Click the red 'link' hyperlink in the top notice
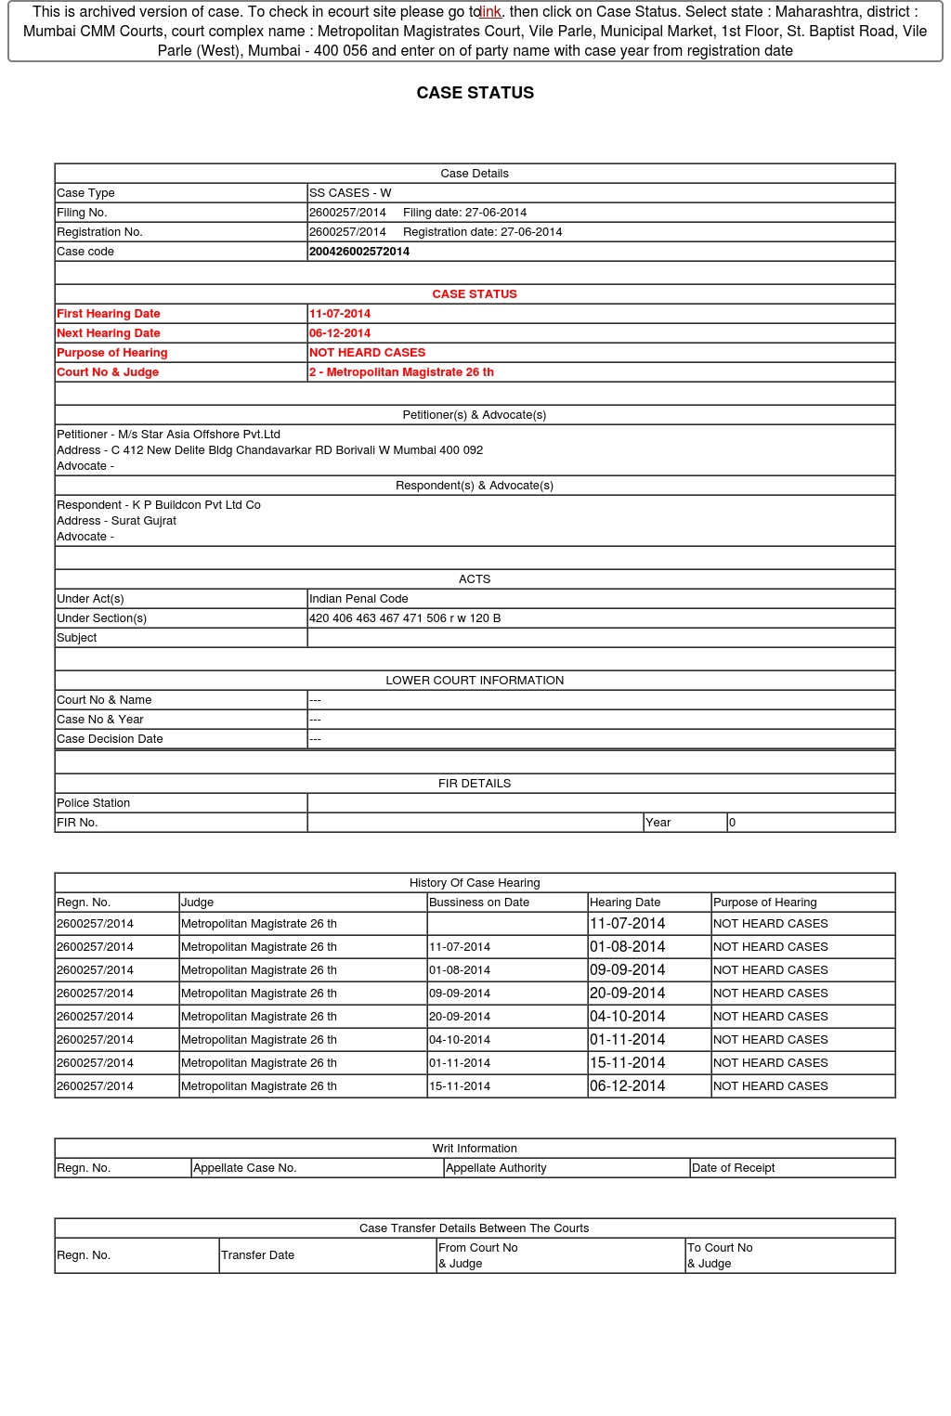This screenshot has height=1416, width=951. coord(490,12)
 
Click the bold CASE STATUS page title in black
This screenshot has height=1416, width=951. coord(475,93)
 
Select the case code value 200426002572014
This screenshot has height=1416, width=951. coord(359,252)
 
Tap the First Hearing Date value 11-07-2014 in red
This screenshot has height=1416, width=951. coord(340,314)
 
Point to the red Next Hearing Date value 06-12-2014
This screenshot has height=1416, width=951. coord(340,333)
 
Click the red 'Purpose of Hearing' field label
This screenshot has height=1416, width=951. coord(112,353)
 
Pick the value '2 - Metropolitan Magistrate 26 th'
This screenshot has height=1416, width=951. coord(401,372)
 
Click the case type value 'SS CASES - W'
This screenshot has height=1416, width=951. coord(350,193)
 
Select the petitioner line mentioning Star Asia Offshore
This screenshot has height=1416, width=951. coord(169,435)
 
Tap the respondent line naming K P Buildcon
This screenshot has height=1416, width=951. coord(159,505)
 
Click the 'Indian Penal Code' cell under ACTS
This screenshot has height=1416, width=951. coord(358,599)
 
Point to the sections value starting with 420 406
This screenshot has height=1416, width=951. coord(405,618)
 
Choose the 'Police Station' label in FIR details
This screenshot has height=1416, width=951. coord(94,803)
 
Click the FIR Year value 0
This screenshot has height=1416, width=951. coord(733,823)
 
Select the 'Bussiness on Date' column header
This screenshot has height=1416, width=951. coord(479,903)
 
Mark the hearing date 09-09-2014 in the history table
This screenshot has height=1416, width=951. coord(628,969)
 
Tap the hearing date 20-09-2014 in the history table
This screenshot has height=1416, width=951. coord(628,993)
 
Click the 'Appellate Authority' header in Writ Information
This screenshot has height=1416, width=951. coord(496,1168)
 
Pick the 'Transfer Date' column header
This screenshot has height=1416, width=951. coord(258,1255)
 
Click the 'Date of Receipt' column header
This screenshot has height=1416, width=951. coord(734,1168)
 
